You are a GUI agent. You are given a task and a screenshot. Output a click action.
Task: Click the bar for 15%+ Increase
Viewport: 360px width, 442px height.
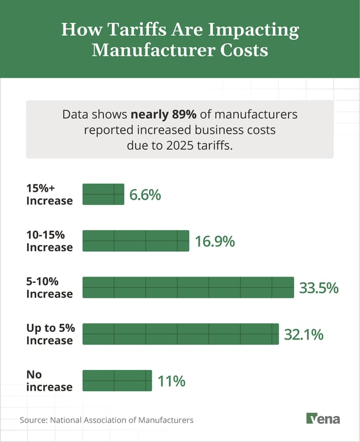(x=103, y=194)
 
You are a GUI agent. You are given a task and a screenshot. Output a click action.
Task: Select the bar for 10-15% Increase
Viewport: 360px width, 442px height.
(x=136, y=241)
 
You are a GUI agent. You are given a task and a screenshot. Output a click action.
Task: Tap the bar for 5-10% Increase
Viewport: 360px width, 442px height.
(x=188, y=288)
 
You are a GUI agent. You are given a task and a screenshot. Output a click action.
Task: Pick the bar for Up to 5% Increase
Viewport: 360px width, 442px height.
(x=181, y=334)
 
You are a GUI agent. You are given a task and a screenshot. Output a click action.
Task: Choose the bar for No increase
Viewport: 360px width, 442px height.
(x=117, y=381)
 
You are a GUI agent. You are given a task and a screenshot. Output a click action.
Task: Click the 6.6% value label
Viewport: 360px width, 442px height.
(x=145, y=195)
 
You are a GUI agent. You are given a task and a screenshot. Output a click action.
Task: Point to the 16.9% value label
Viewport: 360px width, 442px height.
(x=214, y=241)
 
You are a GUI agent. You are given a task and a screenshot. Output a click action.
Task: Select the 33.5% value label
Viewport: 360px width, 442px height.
(x=318, y=288)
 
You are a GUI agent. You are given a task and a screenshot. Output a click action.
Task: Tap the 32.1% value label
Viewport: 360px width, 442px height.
(x=303, y=334)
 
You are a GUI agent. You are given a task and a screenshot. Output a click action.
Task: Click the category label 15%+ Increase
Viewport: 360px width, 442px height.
(x=49, y=195)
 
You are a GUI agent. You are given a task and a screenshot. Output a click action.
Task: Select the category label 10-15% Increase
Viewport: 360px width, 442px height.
(x=49, y=241)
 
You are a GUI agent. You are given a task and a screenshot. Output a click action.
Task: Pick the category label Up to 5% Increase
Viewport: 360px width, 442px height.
(x=50, y=334)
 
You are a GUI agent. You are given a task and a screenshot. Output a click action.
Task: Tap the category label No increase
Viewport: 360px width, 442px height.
(x=49, y=381)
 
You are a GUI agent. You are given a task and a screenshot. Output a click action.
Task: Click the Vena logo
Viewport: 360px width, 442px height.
(x=322, y=419)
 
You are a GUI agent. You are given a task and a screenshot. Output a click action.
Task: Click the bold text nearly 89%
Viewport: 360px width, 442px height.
(x=163, y=114)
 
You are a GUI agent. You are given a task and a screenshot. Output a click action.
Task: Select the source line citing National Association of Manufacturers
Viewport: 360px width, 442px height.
(x=107, y=420)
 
